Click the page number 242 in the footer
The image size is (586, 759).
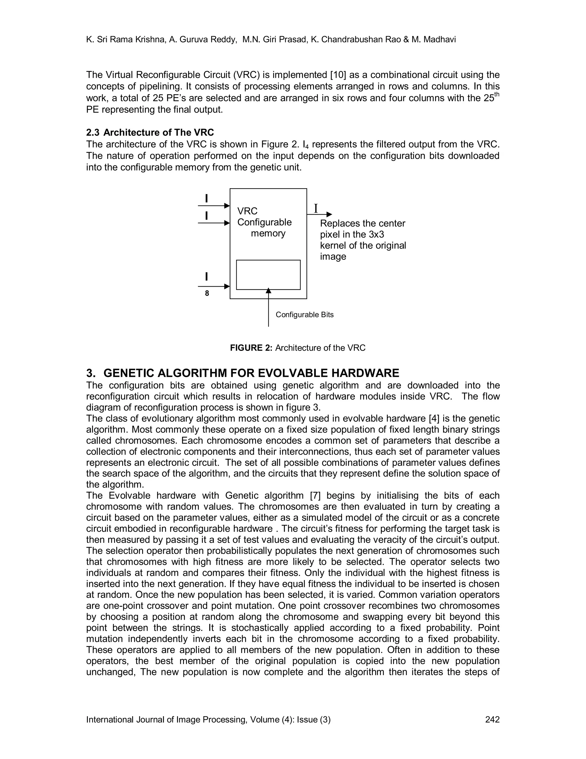[492, 719]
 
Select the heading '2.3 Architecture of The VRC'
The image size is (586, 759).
[150, 132]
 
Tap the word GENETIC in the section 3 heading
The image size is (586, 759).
[128, 373]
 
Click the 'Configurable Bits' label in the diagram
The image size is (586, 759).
[304, 314]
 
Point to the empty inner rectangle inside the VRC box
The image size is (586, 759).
[268, 275]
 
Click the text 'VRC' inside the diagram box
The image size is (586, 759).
[247, 211]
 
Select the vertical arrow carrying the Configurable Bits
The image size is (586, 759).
[268, 309]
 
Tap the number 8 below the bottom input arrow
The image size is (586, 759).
[207, 293]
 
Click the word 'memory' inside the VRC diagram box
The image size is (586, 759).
[268, 233]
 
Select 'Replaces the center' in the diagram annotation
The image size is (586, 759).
[363, 223]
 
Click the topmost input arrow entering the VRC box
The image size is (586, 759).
[214, 206]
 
